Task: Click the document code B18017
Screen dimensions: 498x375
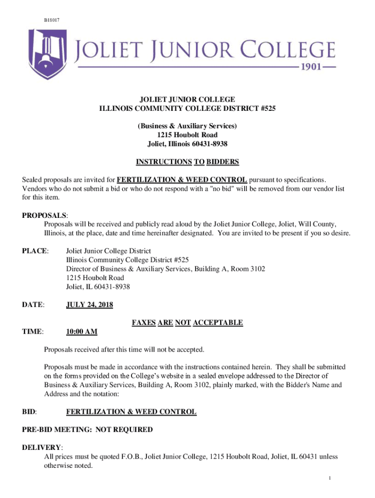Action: click(x=52, y=19)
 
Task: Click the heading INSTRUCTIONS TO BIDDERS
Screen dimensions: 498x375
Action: click(x=187, y=161)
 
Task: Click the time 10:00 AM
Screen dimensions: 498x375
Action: click(x=82, y=332)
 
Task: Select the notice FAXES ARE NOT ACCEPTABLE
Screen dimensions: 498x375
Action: click(x=187, y=322)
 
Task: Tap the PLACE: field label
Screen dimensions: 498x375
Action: click(x=35, y=250)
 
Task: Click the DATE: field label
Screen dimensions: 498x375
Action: click(x=34, y=304)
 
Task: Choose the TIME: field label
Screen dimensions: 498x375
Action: click(x=33, y=332)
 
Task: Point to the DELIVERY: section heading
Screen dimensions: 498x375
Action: click(x=42, y=447)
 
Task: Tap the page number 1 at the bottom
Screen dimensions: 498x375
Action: click(x=330, y=479)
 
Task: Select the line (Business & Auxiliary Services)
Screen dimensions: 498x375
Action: click(x=187, y=126)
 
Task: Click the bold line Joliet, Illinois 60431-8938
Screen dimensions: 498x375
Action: click(x=187, y=144)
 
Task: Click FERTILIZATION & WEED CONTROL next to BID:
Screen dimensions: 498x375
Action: click(x=131, y=411)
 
